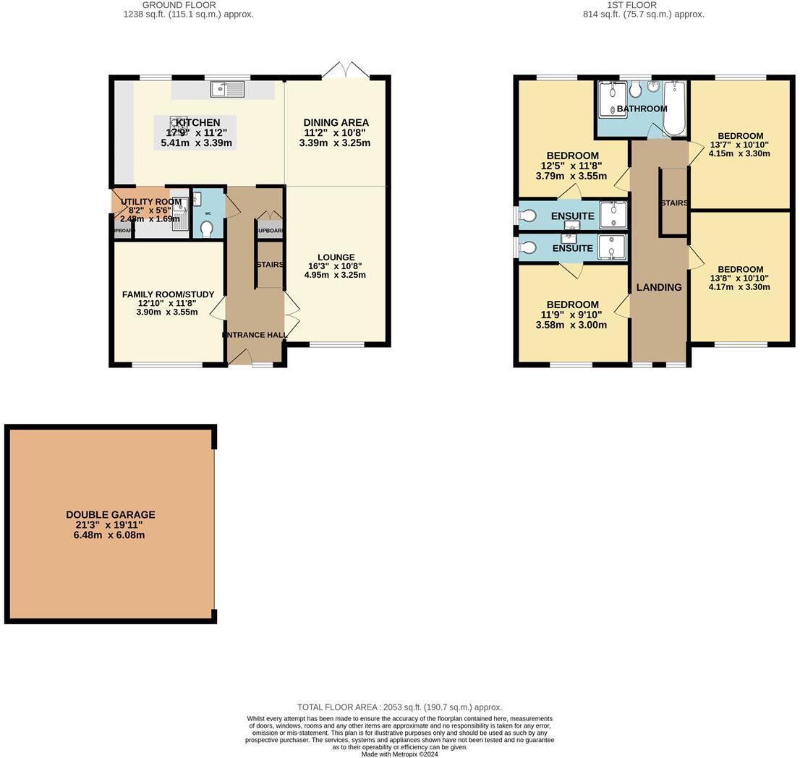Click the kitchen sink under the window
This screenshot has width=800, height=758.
[228, 89]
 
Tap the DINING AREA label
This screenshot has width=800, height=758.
[336, 123]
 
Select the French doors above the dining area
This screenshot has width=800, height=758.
[346, 71]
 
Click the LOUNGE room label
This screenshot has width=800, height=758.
[336, 257]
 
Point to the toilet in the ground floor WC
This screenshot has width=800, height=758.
[207, 228]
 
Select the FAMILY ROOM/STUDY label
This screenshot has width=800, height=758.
[168, 294]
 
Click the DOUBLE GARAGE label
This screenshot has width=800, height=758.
[111, 515]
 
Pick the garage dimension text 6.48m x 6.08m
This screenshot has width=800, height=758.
[111, 535]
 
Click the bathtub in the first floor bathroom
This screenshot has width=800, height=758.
[674, 108]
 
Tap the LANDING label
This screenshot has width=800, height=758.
[659, 287]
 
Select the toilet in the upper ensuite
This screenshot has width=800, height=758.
[527, 216]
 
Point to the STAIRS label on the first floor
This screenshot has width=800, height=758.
[673, 203]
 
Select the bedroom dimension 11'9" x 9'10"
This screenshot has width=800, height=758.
[571, 315]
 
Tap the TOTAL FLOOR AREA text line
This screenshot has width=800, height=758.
[399, 707]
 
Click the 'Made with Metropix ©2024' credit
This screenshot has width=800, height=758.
[399, 754]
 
